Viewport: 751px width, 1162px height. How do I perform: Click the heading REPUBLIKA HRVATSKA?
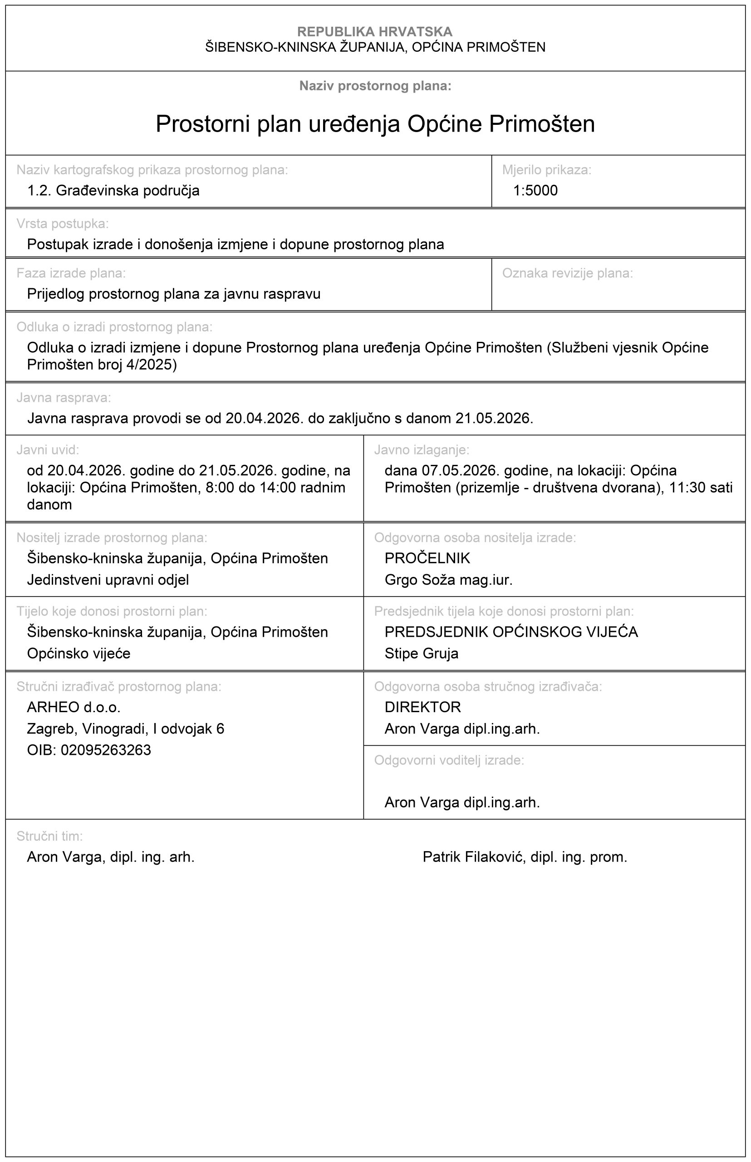coord(374,32)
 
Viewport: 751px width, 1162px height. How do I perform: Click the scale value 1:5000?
coord(535,190)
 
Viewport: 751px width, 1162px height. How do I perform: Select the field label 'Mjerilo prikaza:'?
coord(546,170)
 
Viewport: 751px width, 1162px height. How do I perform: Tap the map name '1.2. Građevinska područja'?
coord(113,190)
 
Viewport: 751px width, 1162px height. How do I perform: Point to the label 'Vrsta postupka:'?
coord(63,223)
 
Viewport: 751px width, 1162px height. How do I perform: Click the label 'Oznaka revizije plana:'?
coord(567,273)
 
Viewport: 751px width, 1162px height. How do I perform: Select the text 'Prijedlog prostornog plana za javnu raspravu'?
coord(174,294)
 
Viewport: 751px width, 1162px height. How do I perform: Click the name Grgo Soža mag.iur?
coord(448,580)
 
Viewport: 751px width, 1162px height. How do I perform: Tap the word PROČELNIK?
coord(427,558)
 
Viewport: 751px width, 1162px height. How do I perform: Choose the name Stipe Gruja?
coord(422,653)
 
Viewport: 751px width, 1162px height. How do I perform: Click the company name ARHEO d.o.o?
coord(74,707)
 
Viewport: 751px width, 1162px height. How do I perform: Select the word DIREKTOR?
coord(422,707)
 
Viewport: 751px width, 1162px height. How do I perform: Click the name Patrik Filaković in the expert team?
coord(525,857)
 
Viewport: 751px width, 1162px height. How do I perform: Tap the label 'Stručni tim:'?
coord(49,836)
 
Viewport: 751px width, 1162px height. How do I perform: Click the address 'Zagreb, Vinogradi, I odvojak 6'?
coord(125,729)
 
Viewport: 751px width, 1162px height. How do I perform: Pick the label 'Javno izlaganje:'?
coord(422,450)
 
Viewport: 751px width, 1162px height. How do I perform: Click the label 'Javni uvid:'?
coord(47,450)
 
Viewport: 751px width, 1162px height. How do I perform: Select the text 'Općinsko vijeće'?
coord(79,653)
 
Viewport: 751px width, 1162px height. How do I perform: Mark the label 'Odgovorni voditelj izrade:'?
coord(449,760)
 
